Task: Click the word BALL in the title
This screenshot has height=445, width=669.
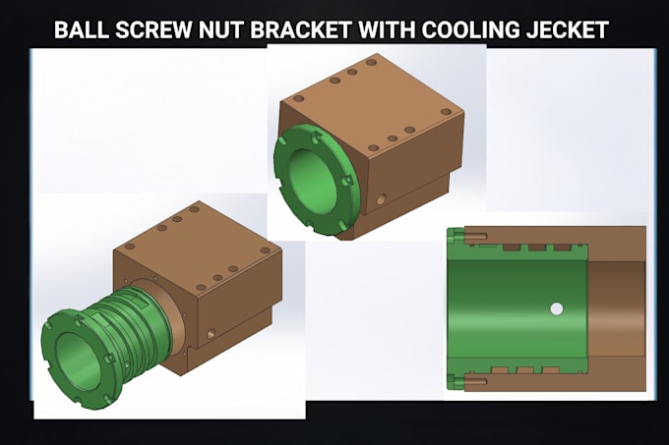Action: click(82, 30)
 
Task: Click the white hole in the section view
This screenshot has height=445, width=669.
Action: click(556, 308)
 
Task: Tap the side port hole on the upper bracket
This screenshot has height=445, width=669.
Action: click(382, 198)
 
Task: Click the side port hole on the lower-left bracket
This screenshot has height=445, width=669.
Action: click(211, 333)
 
